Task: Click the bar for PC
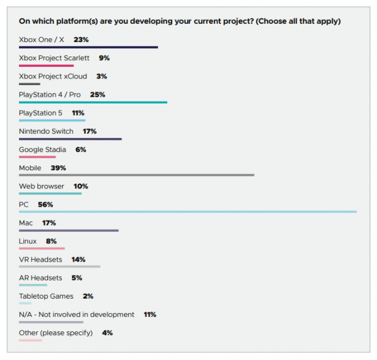tap(187, 212)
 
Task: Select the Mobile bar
tap(136, 175)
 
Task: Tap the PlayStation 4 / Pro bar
tap(93, 102)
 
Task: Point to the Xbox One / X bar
tap(88, 47)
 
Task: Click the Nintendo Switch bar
tap(70, 139)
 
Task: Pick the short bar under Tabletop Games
tap(25, 303)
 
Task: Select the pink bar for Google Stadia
tap(37, 157)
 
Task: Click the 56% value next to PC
tap(46, 204)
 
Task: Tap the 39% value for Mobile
tap(58, 168)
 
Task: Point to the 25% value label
tap(97, 95)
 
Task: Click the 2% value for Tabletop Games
tap(88, 296)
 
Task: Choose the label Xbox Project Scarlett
tap(54, 58)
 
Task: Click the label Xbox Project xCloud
tap(53, 76)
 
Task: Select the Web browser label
tap(41, 186)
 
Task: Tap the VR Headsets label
tap(40, 260)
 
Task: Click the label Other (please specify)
tap(56, 333)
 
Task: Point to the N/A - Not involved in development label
tap(77, 314)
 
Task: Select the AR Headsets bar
tap(33, 285)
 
